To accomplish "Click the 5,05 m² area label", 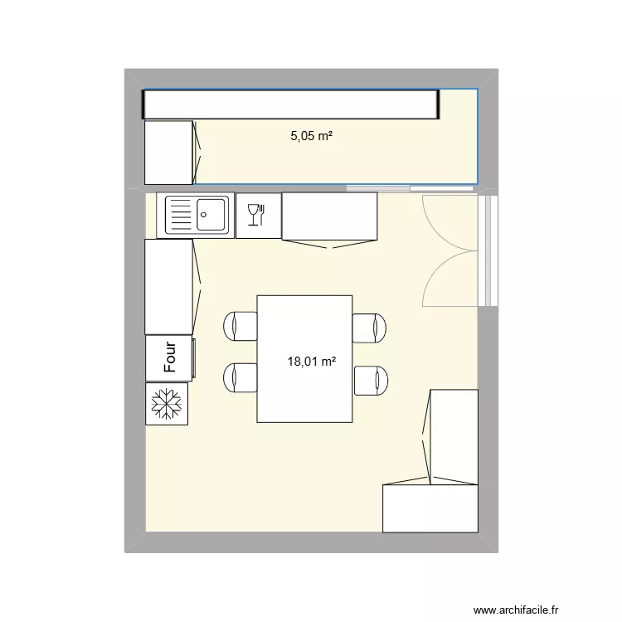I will (311, 137).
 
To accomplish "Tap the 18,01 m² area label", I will (311, 361).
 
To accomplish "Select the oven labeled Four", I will (169, 357).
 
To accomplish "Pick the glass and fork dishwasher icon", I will (257, 216).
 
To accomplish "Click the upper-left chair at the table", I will (241, 326).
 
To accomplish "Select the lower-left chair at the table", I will (241, 378).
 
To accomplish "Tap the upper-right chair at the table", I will (369, 328).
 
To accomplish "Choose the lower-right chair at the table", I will (371, 380).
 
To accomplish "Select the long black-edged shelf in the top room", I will (290, 104).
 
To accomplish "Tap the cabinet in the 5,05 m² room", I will (170, 152).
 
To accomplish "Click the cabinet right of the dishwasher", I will (329, 217).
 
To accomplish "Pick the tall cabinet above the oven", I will (169, 286).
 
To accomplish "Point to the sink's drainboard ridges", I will (180, 216).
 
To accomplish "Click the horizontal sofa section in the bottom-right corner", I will (430, 508).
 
